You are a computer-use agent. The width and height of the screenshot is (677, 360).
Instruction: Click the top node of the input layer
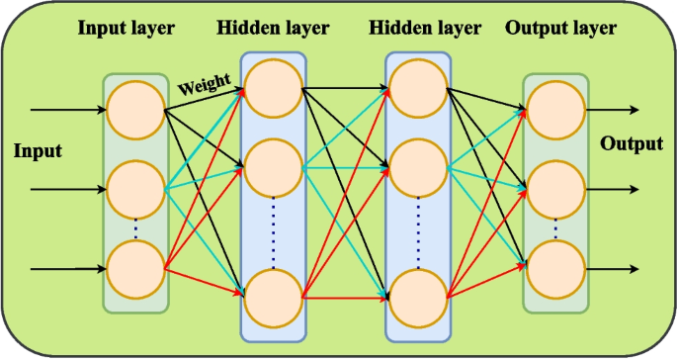tap(135, 109)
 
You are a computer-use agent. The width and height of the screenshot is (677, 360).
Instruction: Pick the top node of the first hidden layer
tap(273, 88)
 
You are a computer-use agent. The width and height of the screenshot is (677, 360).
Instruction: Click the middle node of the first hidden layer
tap(273, 168)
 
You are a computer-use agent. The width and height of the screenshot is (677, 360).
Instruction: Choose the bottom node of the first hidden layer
tap(273, 296)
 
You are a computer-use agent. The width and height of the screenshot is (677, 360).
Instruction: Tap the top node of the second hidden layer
tap(417, 88)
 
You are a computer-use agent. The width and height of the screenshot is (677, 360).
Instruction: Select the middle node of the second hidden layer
tap(417, 168)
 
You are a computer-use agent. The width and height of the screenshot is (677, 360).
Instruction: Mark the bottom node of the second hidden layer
tap(417, 296)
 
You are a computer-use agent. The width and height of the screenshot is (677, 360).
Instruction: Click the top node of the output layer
tap(554, 109)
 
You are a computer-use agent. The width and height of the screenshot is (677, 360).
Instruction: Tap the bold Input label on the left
tap(38, 151)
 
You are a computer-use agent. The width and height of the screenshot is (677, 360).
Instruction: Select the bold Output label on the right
tap(632, 144)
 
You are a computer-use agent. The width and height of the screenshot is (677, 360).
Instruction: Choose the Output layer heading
tap(559, 28)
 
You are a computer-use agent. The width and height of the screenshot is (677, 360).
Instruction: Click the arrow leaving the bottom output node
tap(613, 267)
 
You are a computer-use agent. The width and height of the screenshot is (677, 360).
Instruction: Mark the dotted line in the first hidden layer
tap(273, 233)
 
